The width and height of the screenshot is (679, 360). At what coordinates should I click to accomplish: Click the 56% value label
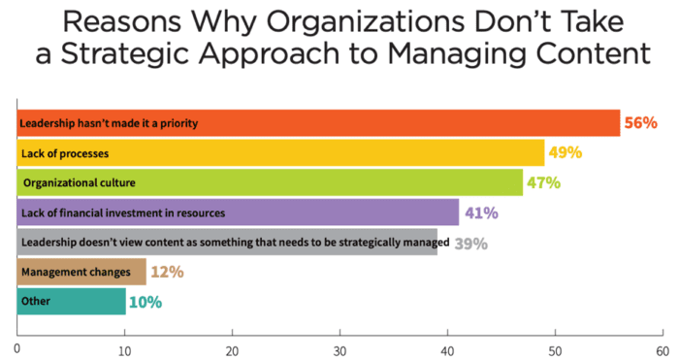[642, 123]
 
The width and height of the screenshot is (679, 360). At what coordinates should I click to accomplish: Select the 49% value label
[566, 152]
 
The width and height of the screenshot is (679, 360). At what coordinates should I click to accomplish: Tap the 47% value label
[544, 181]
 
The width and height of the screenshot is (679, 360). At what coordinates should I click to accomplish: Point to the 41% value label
[480, 212]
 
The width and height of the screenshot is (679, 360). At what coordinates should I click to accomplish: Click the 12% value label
[168, 272]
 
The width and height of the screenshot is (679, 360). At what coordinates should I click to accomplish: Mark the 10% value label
[145, 302]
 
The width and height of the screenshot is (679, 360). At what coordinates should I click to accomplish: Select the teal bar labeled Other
[72, 302]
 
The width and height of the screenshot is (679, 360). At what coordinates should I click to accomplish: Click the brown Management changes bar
[82, 272]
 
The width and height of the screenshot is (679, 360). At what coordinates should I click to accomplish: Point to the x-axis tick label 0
[17, 347]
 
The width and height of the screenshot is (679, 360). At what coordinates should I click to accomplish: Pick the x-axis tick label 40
[447, 347]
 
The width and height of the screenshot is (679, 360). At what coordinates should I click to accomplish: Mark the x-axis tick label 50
[555, 347]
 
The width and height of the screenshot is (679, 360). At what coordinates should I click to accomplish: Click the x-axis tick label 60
[662, 347]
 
